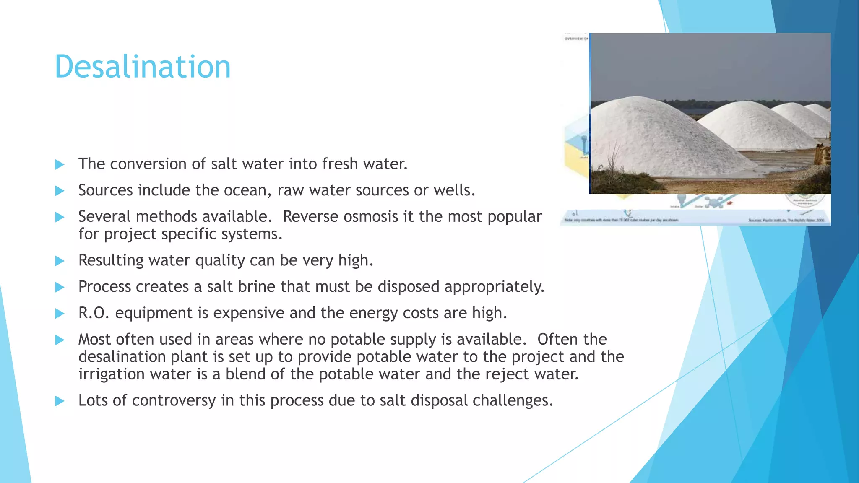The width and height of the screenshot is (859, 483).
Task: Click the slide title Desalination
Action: click(143, 67)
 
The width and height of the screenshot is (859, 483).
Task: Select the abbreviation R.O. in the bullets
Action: click(94, 313)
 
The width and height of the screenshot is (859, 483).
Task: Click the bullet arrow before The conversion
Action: click(60, 164)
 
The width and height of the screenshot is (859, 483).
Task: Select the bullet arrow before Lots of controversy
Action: click(60, 401)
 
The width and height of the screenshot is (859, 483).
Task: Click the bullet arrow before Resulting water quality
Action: click(60, 261)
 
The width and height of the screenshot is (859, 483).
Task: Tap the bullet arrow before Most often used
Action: click(60, 340)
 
